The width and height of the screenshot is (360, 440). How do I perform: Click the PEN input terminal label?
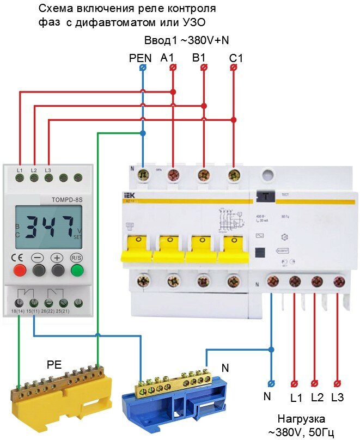[139, 57]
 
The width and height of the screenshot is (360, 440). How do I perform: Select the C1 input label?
[236, 57]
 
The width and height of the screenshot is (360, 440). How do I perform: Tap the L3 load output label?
[337, 398]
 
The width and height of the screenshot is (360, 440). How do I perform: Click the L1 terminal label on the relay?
[20, 171]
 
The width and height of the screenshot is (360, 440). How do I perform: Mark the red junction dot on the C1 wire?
[233, 120]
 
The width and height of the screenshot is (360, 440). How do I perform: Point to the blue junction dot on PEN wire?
[143, 133]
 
